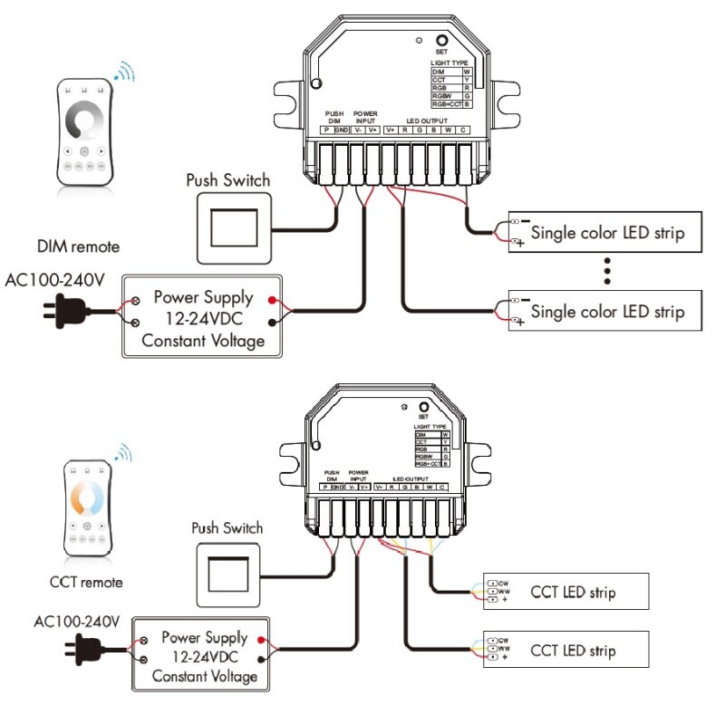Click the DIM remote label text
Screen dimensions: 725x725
coord(78,246)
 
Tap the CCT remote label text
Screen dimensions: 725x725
coord(86,582)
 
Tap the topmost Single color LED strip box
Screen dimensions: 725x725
coord(604,233)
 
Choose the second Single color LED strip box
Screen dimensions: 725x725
coord(604,313)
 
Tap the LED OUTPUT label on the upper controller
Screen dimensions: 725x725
coord(426,121)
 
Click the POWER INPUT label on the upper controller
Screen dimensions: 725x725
coord(365,117)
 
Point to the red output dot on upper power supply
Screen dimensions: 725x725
coord(272,298)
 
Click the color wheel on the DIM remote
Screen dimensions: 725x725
coord(83,120)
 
